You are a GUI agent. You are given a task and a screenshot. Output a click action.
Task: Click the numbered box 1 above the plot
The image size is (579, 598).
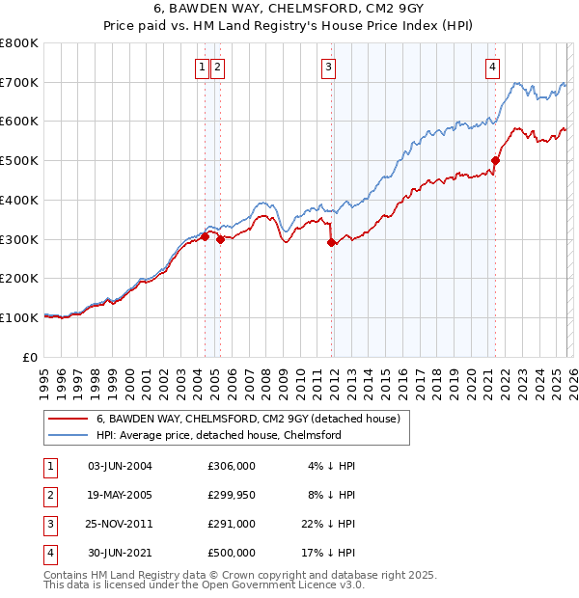202,67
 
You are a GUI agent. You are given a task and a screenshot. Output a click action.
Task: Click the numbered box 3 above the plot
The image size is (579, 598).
329,67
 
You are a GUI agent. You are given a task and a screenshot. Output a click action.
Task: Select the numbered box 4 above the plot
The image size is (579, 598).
492,67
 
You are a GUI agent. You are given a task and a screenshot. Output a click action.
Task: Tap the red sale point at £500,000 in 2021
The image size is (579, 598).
495,161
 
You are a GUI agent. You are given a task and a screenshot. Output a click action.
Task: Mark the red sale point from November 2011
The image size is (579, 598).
332,243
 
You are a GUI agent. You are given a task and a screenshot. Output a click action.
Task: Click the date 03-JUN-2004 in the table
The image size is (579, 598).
120,466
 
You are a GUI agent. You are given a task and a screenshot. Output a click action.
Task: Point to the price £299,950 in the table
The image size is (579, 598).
232,495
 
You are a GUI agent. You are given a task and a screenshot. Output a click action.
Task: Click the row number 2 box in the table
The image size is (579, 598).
48,495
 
